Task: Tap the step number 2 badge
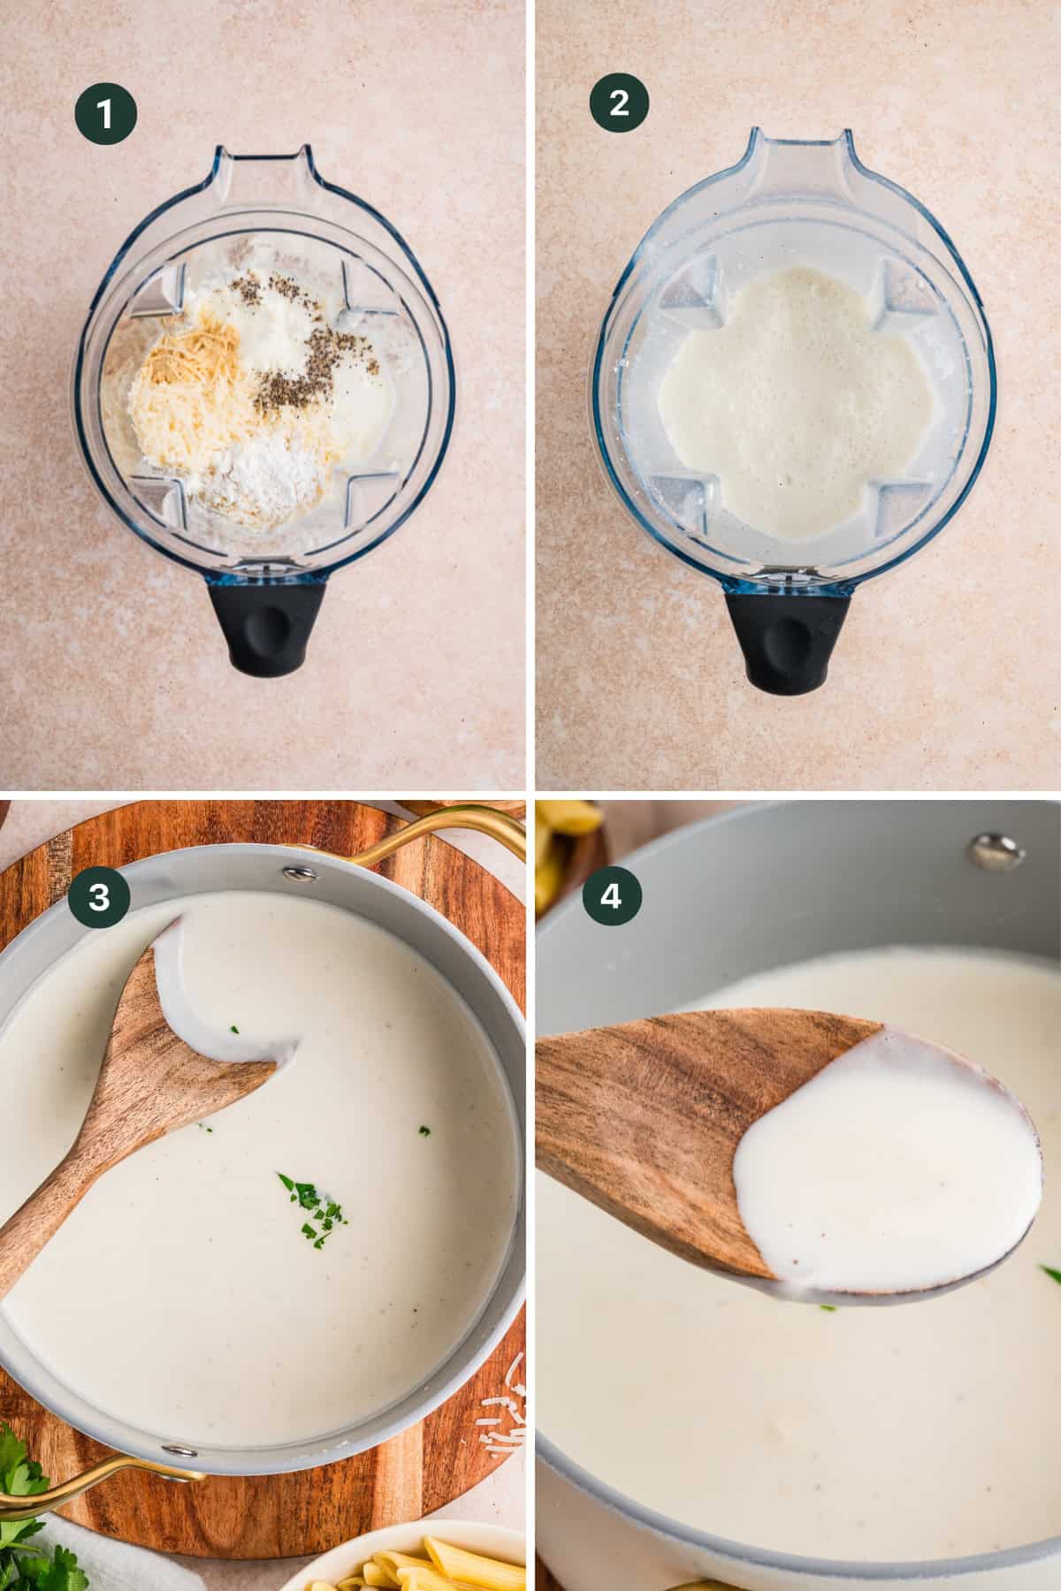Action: click(619, 103)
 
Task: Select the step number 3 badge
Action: click(99, 896)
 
